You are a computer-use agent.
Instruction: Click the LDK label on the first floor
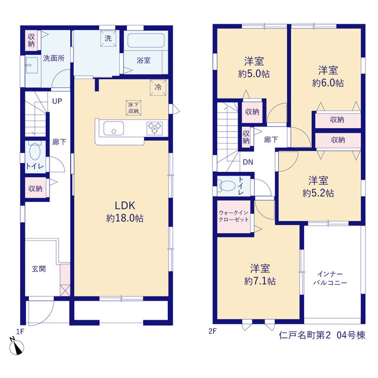coord(125,206)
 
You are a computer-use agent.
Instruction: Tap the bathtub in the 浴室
coord(146,41)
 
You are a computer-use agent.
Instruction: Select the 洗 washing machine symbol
coord(108,38)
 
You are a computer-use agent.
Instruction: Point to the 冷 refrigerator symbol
coord(158,87)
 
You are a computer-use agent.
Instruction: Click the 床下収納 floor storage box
coord(133,107)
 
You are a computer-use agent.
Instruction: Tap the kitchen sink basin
coord(113,128)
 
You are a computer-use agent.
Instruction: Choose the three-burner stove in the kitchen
coord(154,128)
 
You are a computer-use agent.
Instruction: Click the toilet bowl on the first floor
coord(35,151)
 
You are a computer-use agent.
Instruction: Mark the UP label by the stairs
coord(57,101)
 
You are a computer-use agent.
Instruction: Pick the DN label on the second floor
coord(248,162)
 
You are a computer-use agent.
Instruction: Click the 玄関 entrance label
coord(39,269)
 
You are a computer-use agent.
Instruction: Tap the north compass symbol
coord(17,347)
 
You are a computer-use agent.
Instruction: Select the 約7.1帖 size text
coord(260,281)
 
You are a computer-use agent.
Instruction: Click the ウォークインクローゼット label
coord(233,216)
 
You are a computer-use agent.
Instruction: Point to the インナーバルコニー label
coord(330,278)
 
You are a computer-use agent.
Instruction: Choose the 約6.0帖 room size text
coord(328,83)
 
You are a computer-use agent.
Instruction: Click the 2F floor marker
coord(213,331)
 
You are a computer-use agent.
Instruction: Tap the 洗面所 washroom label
coord(54,58)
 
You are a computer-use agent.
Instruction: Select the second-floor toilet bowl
coord(227,186)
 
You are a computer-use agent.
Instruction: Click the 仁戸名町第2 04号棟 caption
coord(322,335)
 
